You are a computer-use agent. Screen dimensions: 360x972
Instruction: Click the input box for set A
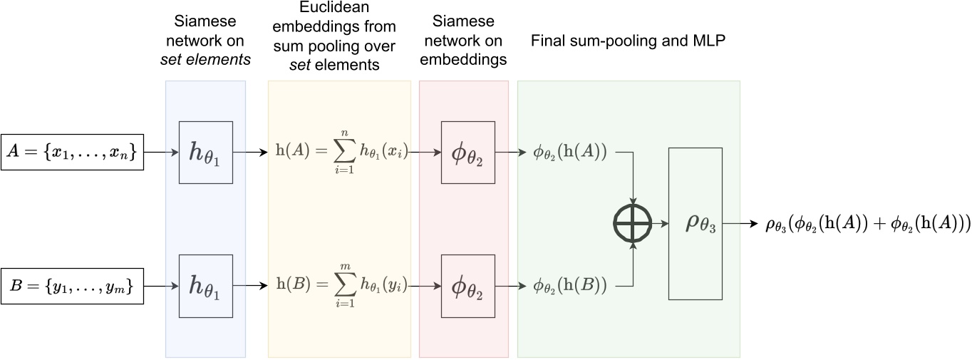(73, 152)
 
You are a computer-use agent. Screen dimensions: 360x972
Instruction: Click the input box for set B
(73, 287)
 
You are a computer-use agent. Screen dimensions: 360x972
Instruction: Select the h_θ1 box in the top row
(205, 152)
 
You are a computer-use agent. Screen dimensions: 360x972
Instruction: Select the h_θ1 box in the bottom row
(205, 287)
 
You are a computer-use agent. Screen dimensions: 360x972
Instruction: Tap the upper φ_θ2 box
(468, 152)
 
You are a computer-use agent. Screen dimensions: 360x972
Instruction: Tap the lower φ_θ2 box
(468, 287)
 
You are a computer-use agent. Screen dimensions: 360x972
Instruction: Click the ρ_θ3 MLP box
(696, 223)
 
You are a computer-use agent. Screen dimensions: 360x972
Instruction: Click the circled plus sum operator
(633, 223)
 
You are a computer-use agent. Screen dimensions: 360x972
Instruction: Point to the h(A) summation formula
(341, 153)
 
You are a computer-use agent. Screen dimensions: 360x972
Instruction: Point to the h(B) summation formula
(341, 287)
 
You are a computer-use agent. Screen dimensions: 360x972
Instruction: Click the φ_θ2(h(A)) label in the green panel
(570, 152)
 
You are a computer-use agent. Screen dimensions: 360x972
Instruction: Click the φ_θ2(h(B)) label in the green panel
(570, 287)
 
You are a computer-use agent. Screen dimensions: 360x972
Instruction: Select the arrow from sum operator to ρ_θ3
(660, 223)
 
